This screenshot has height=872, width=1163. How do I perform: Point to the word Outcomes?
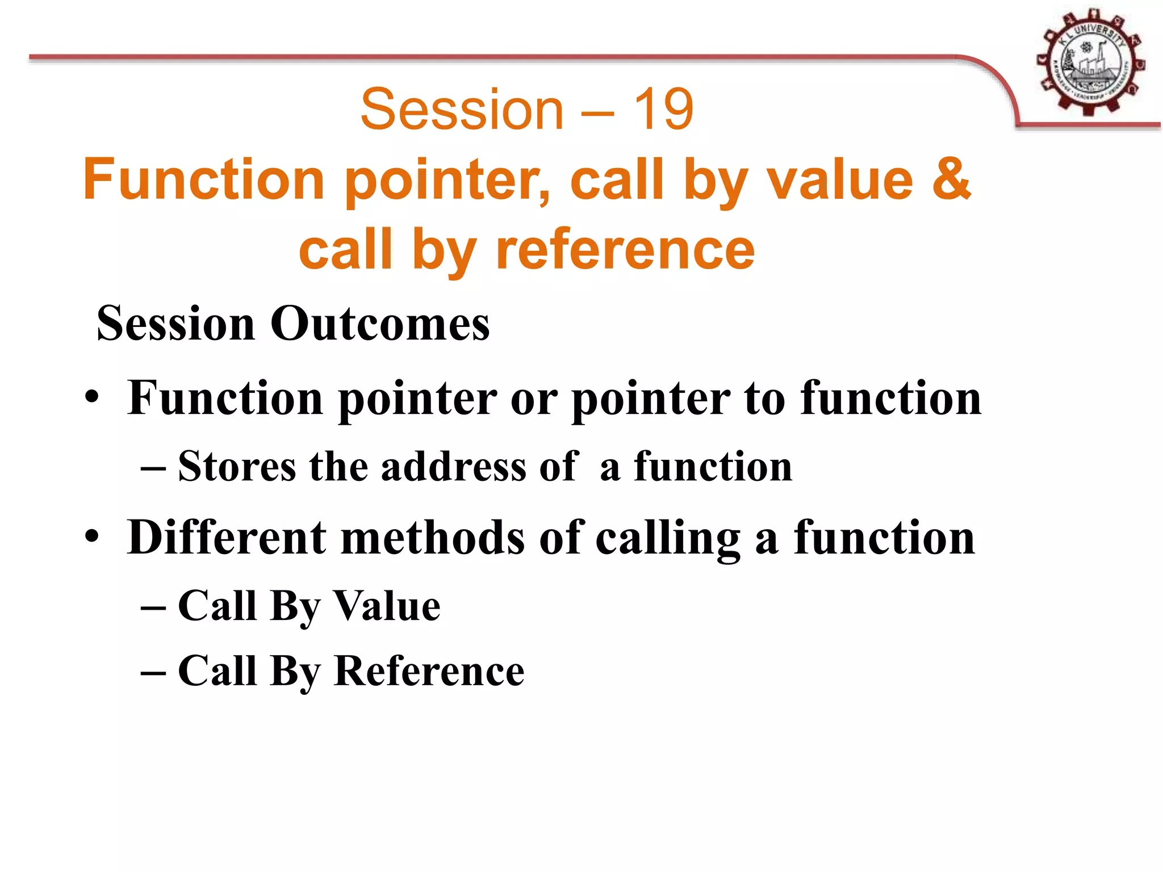(x=379, y=324)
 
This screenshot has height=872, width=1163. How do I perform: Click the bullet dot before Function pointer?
(x=92, y=399)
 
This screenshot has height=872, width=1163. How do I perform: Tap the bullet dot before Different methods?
(x=92, y=538)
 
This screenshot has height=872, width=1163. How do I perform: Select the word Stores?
(x=237, y=467)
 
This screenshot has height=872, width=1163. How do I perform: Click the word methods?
(x=433, y=538)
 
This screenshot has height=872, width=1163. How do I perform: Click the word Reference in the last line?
(x=429, y=671)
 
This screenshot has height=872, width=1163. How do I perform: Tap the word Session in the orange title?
(x=462, y=109)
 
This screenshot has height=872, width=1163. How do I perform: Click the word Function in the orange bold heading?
(x=204, y=180)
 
